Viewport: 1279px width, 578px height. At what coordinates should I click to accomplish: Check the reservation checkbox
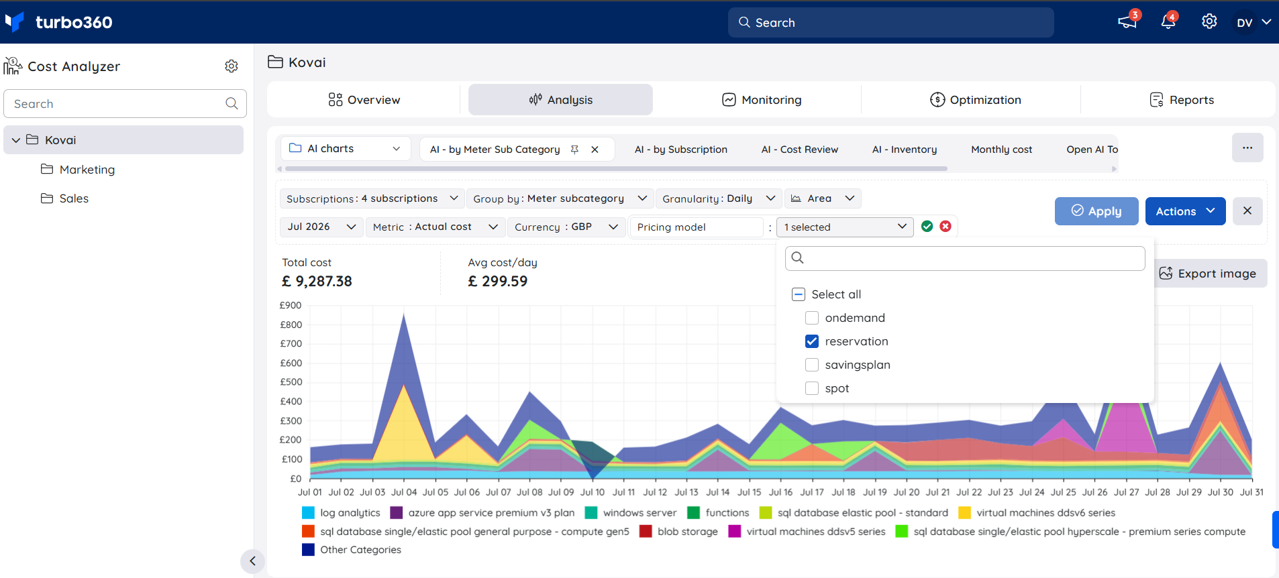click(812, 341)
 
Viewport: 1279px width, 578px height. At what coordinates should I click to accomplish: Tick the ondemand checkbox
click(812, 318)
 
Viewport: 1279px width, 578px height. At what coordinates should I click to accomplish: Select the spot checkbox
click(812, 388)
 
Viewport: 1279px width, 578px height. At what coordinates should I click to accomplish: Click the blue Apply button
click(1096, 211)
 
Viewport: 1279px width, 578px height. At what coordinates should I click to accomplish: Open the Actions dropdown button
click(1185, 211)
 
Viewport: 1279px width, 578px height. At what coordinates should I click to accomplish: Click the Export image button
click(1208, 274)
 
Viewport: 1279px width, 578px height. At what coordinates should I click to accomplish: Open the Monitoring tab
click(762, 100)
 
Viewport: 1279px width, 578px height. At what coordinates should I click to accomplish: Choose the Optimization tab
click(976, 100)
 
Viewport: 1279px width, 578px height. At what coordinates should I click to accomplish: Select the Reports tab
click(1182, 100)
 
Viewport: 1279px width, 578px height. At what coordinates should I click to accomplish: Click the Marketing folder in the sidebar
click(78, 170)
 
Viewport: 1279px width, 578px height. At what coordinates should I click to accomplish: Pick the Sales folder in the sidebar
click(65, 198)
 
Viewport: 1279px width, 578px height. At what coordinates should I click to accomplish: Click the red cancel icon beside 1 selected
click(945, 227)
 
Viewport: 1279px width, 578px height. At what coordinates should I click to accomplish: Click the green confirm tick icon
click(927, 227)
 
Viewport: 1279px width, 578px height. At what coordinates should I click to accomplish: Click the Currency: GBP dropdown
click(566, 227)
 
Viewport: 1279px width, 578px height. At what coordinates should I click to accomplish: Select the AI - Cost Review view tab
click(800, 150)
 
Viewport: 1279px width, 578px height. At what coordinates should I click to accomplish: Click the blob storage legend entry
click(679, 532)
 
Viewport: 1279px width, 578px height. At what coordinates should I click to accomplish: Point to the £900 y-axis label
click(291, 305)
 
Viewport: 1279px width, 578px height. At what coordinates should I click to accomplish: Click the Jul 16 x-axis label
click(780, 492)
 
